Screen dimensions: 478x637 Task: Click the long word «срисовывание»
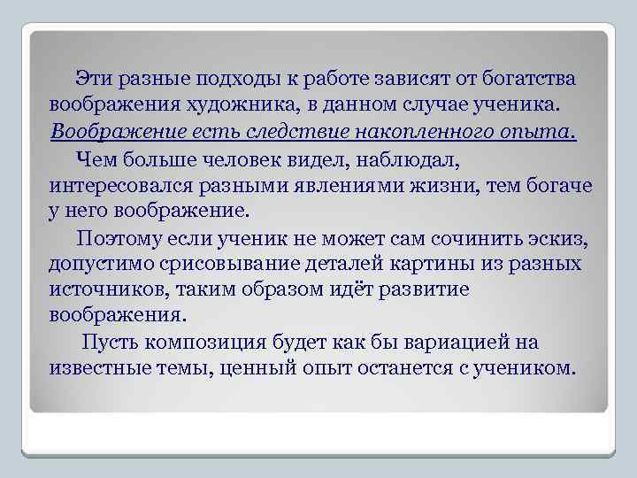234,264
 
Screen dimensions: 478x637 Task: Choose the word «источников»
99,290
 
